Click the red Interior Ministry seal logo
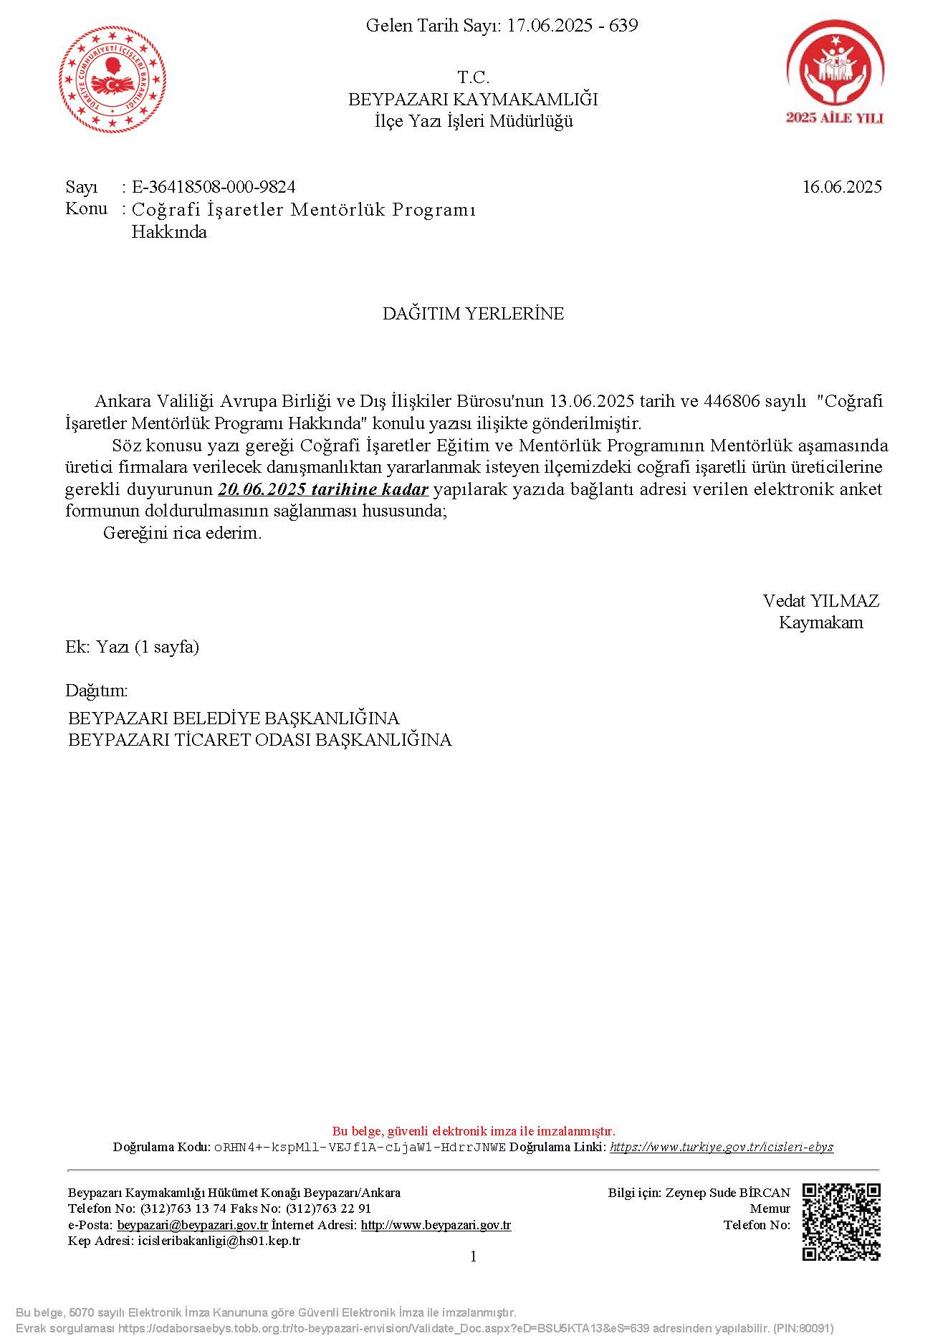(x=113, y=80)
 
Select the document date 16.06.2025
(x=842, y=187)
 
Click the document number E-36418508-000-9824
(x=214, y=187)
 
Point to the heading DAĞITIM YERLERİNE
(x=473, y=313)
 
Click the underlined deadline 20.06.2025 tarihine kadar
(x=323, y=489)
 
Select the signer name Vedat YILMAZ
(x=820, y=600)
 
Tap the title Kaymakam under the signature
(x=820, y=623)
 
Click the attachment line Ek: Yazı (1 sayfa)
(x=133, y=647)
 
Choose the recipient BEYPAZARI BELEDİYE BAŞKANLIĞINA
(x=234, y=718)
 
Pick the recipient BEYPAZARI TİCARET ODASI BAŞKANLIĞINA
(x=259, y=740)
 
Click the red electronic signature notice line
(x=473, y=1131)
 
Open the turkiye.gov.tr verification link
(x=722, y=1147)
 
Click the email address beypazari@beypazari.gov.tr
(x=192, y=1225)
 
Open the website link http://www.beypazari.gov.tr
(x=436, y=1225)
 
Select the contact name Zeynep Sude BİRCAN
(x=727, y=1193)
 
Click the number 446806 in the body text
(x=732, y=400)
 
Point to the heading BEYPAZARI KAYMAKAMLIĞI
(x=473, y=99)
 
